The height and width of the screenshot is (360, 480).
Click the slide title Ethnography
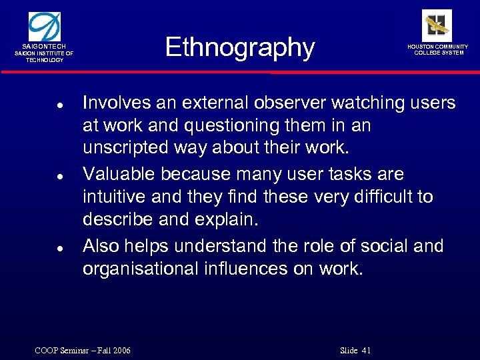pos(239,48)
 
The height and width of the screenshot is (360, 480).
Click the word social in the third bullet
pos(381,245)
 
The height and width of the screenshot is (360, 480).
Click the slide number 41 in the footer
pos(365,351)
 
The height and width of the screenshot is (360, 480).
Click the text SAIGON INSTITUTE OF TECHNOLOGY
pos(45,56)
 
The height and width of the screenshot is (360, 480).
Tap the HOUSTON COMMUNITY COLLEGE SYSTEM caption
pos(438,49)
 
